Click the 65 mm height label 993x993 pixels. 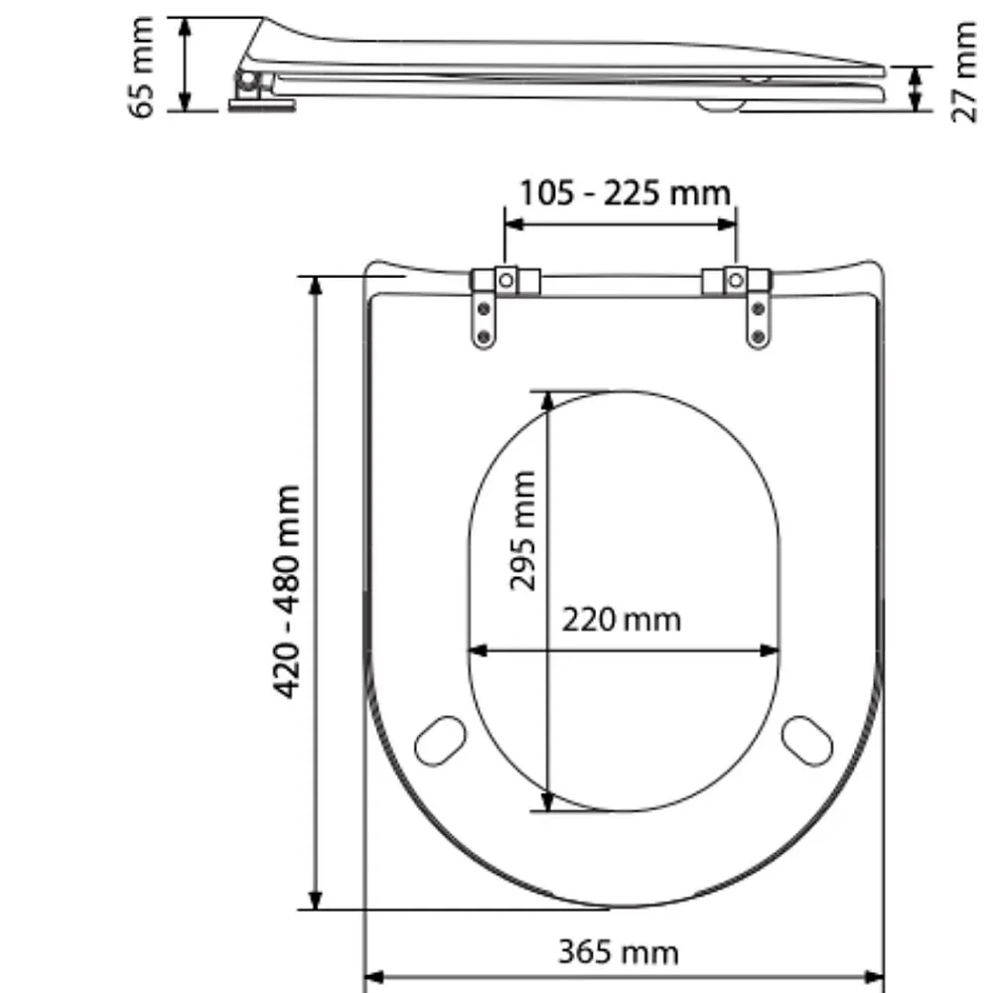[x=142, y=68]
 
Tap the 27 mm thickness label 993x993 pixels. [x=964, y=71]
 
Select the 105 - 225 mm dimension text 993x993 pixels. [x=625, y=193]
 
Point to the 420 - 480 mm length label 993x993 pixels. [x=287, y=592]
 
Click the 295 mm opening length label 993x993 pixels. [x=523, y=530]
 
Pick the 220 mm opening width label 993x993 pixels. [x=622, y=620]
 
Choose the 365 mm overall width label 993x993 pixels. [x=618, y=952]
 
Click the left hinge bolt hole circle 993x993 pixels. [x=505, y=280]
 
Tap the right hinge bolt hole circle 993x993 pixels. [x=735, y=280]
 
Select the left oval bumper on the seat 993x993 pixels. [x=440, y=741]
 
